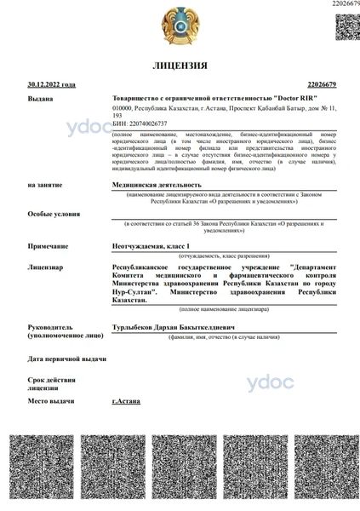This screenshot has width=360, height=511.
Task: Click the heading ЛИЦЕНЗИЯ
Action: (x=180, y=66)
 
